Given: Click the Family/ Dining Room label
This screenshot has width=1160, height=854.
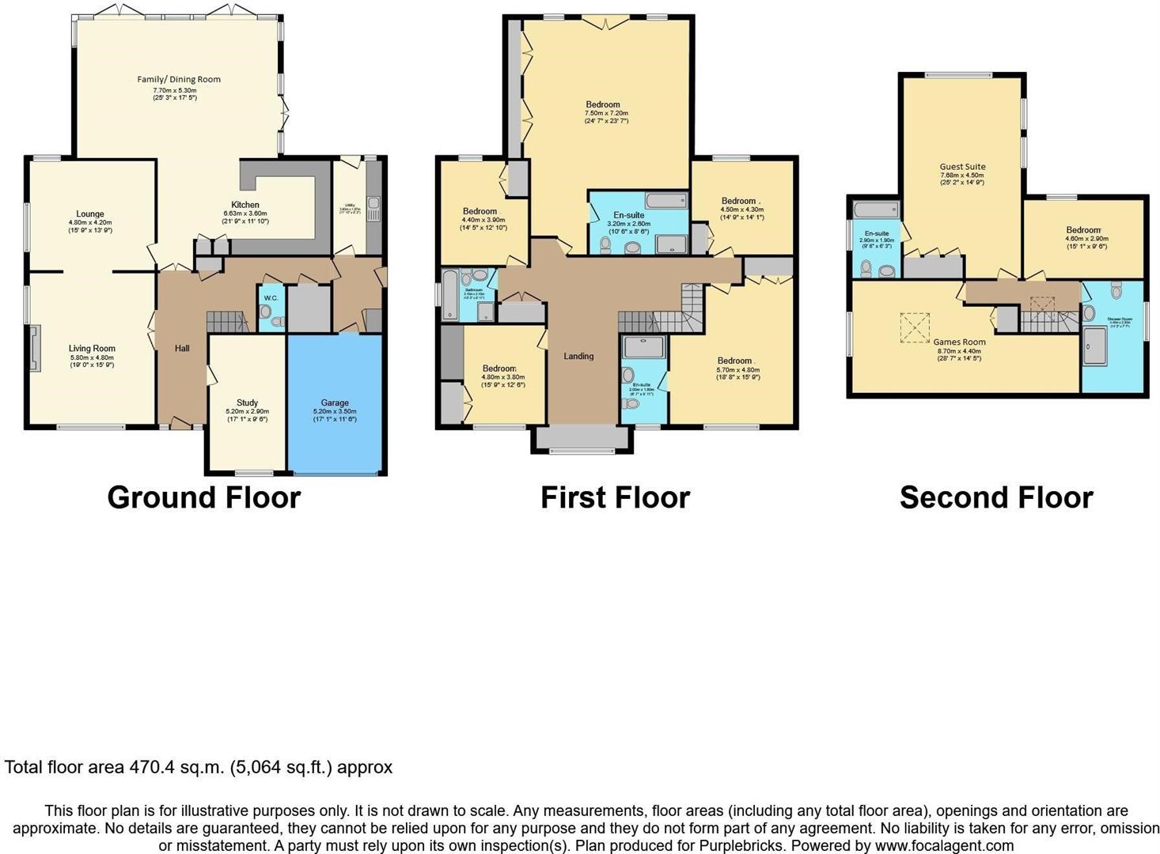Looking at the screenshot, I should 179,79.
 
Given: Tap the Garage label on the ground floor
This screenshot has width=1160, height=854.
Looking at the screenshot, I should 335,402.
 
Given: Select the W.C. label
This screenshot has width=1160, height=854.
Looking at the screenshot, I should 271,298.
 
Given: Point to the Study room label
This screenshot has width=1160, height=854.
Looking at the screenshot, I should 247,402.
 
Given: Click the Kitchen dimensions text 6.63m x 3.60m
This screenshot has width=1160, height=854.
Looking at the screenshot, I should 246,213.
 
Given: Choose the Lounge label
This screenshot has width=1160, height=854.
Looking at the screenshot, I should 90,213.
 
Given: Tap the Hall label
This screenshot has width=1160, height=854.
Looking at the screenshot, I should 182,348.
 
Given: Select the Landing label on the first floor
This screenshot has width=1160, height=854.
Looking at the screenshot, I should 578,356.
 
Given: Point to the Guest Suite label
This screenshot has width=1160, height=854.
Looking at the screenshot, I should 962,167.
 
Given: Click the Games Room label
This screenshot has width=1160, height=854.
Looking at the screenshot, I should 959,342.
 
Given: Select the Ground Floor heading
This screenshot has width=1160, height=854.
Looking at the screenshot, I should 204,497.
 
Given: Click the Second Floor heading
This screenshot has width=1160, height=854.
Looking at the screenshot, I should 996,497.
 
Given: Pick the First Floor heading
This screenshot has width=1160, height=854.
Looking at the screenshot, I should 615,497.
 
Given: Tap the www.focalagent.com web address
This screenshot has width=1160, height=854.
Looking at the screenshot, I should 944,845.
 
